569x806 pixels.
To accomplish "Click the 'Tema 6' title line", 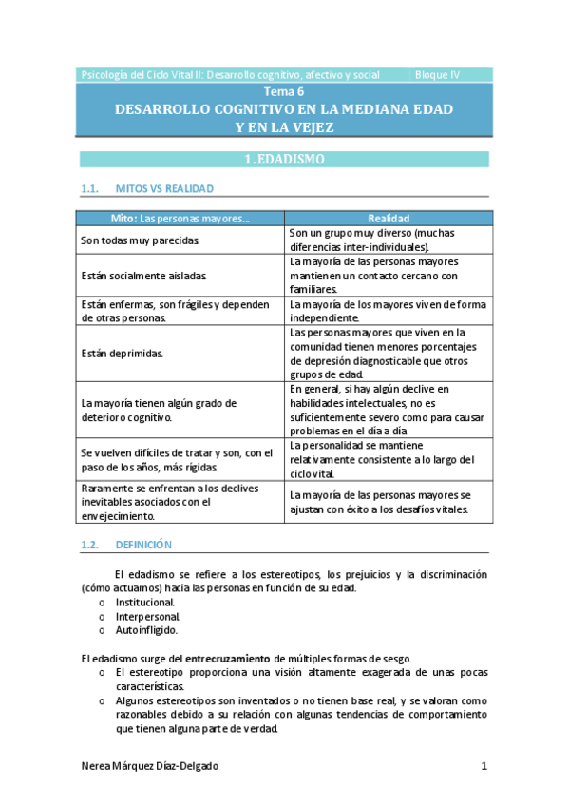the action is point(284,91).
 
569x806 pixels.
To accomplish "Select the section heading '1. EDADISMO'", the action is point(284,160).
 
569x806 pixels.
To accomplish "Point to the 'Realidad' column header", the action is point(388,218).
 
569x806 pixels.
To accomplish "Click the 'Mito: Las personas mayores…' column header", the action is point(180,218).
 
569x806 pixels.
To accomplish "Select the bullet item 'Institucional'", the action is point(145,603).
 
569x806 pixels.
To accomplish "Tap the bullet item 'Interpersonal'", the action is point(147,616).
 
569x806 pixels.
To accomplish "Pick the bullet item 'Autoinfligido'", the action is point(146,629).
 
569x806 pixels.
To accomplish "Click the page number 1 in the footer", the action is point(484,766).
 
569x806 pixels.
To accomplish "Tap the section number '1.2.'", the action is point(91,546).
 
